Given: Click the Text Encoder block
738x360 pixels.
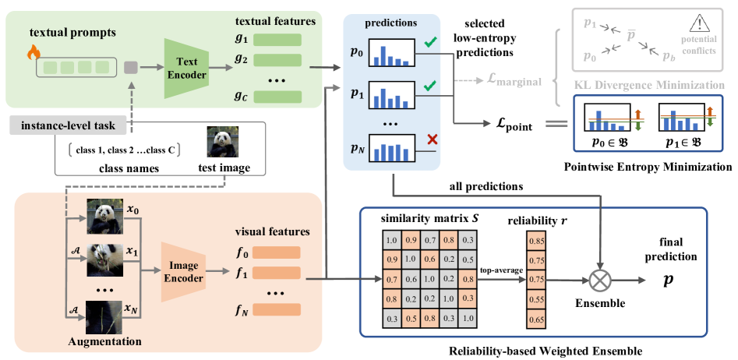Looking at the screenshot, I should tap(186, 66).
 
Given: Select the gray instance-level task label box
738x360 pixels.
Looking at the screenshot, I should tap(68, 126).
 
